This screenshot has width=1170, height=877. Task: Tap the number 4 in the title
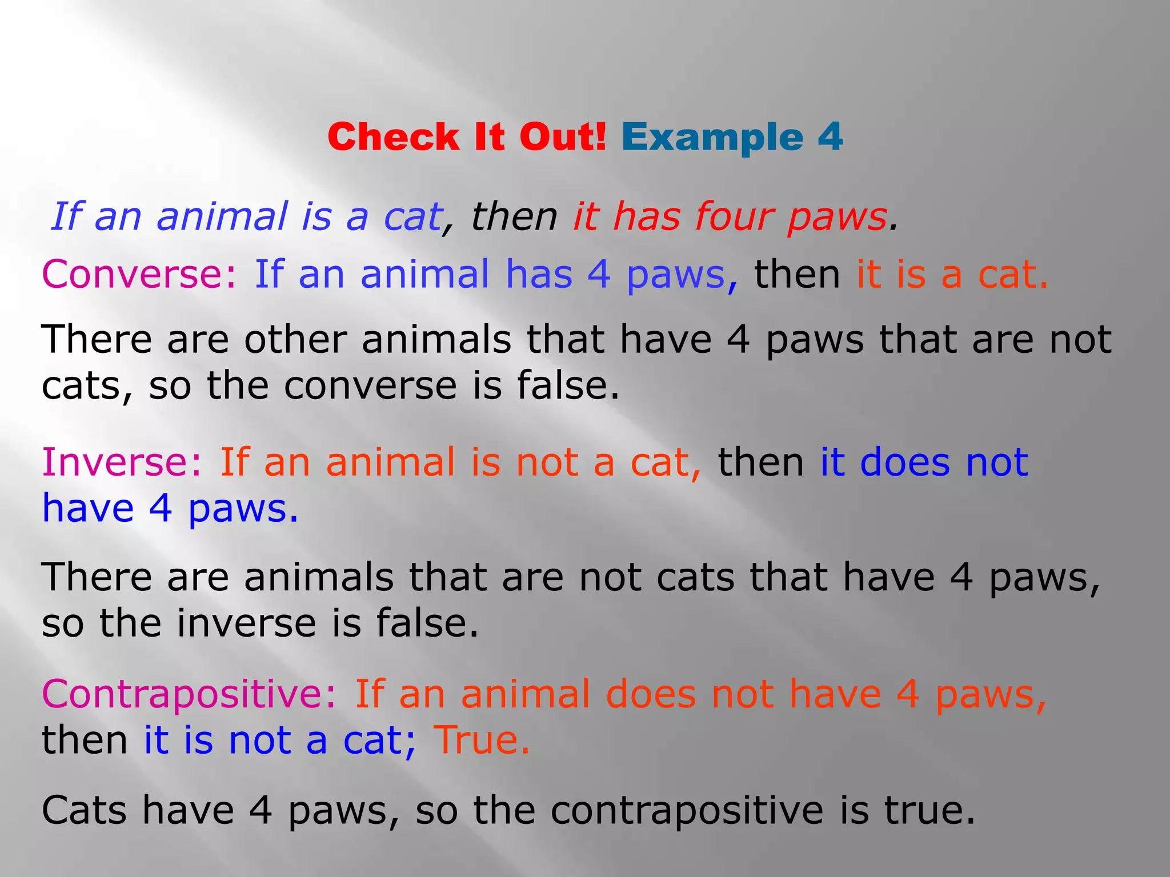[830, 137]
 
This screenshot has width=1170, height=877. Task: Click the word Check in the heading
[394, 137]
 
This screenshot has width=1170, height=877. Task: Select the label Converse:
[139, 275]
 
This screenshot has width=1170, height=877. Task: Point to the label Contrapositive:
[189, 694]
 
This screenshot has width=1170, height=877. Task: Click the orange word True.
[481, 740]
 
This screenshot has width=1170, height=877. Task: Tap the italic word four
[732, 217]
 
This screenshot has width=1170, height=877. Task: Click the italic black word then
[514, 217]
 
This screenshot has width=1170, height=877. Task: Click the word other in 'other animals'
[295, 340]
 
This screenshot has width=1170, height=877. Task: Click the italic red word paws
[836, 218]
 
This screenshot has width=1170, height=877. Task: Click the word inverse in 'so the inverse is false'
[246, 623]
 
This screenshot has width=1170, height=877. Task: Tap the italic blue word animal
[222, 217]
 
